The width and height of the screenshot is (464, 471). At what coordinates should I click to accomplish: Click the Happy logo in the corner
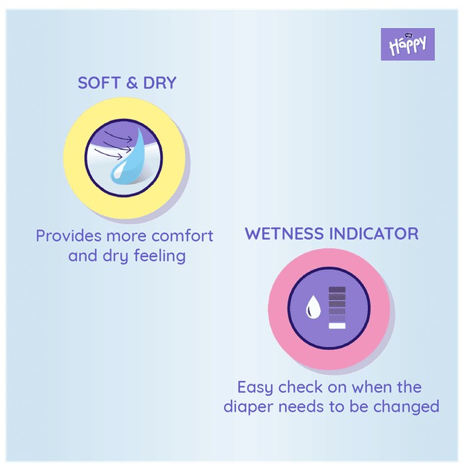click(408, 44)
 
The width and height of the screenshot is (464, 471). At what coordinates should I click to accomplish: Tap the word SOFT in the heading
click(99, 83)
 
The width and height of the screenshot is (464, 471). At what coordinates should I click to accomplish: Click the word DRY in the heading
click(159, 83)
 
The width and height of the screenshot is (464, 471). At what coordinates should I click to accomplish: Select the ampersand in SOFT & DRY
click(132, 83)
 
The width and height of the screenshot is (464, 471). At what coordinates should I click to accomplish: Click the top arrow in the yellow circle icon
click(118, 137)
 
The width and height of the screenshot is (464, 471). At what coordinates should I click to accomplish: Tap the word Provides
click(69, 235)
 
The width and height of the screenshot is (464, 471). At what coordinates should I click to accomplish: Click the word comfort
click(182, 235)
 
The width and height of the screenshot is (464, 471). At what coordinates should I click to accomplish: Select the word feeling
click(159, 256)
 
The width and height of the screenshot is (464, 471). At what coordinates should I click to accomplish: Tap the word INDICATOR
click(374, 233)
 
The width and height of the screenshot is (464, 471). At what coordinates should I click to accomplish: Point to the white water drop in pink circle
click(313, 306)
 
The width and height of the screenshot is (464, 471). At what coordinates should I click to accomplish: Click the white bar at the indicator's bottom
click(337, 326)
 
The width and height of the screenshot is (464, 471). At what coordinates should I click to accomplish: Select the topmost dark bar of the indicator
click(337, 289)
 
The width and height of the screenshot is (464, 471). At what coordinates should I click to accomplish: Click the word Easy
click(255, 388)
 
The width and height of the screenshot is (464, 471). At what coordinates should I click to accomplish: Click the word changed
click(406, 407)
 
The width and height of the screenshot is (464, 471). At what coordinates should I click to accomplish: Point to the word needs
click(301, 406)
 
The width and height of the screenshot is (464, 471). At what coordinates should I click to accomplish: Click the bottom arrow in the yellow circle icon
click(108, 154)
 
